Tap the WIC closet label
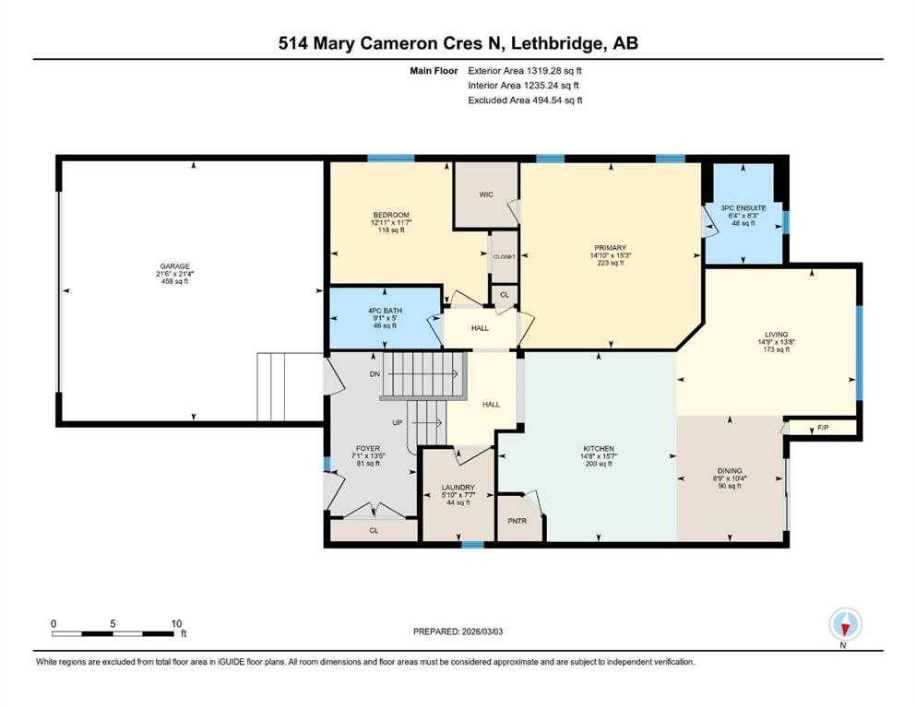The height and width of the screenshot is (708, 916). click(486, 195)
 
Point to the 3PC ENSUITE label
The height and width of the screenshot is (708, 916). click(744, 208)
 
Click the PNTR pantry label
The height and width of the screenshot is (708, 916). click(517, 520)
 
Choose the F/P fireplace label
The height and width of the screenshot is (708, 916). click(823, 429)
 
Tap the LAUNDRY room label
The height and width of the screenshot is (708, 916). click(458, 487)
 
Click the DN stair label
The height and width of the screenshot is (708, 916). click(375, 374)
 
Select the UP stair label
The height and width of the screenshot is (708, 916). click(399, 423)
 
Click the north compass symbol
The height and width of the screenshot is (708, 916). click(845, 626)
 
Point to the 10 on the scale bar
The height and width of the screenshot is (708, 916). click(177, 623)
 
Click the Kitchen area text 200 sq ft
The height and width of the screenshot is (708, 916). click(599, 464)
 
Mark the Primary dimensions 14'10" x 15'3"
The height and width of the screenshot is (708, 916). click(610, 255)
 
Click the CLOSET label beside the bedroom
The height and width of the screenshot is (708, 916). click(504, 257)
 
